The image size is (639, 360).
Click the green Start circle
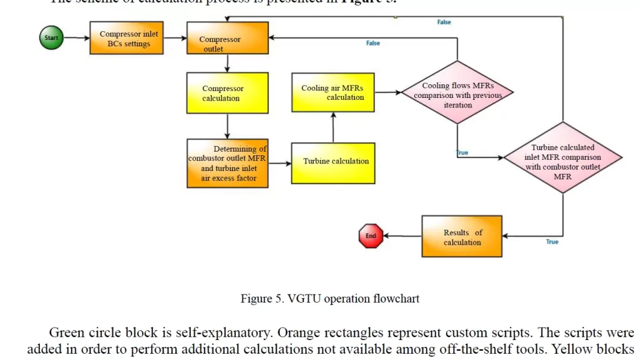tap(51, 37)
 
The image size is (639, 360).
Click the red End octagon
tap(371, 236)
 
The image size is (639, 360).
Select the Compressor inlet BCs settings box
tap(127, 39)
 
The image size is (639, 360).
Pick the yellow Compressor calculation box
tap(228, 93)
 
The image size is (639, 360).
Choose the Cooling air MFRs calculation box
tap(333, 92)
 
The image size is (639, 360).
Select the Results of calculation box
tap(462, 236)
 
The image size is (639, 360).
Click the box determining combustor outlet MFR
tap(228, 163)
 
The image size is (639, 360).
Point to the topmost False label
tap(444, 22)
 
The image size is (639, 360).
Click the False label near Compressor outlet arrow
tap(373, 43)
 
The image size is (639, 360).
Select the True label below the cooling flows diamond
tap(462, 153)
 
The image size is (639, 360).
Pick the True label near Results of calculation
tap(552, 241)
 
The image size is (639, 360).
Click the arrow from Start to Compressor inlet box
tap(77, 37)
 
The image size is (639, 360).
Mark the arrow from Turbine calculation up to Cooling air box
tap(333, 128)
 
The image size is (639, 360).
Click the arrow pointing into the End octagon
tap(402, 236)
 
